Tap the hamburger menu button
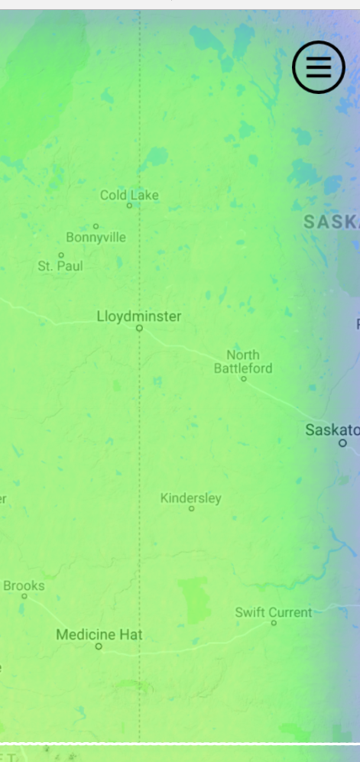tap(319, 68)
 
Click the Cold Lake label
tap(129, 195)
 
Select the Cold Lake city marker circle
tap(129, 206)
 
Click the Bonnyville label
tap(96, 237)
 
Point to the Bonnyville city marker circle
tap(96, 226)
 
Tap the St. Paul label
tap(60, 266)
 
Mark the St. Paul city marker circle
tap(61, 255)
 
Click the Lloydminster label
tap(139, 316)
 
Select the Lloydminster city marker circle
tap(139, 328)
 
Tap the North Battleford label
tap(243, 361)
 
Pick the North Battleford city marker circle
tap(244, 378)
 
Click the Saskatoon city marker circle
tap(342, 443)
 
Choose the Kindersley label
tap(190, 498)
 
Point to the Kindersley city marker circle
tap(191, 508)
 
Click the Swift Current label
tap(273, 612)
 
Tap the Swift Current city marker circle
tap(274, 623)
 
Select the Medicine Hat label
tap(99, 634)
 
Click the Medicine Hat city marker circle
tap(98, 647)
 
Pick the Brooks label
tap(24, 585)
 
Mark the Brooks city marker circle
tap(24, 596)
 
